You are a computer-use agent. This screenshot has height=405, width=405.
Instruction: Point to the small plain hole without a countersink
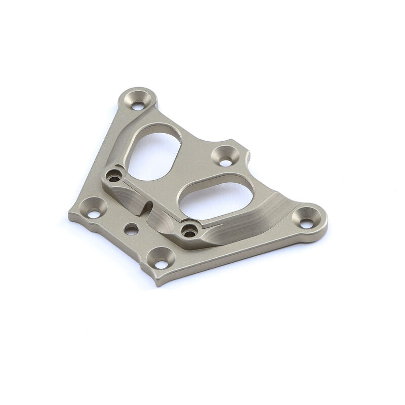click(131, 229)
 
